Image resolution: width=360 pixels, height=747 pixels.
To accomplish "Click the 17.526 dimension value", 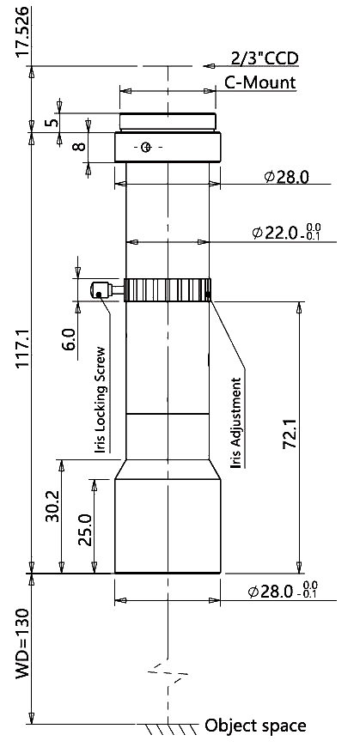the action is (25, 32).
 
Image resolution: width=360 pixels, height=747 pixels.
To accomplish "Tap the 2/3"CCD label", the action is (265, 58).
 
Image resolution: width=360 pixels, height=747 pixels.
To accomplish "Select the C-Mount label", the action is (260, 82).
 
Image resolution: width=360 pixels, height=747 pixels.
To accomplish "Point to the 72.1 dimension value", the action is (290, 434).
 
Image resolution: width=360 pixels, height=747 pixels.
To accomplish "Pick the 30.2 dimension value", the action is (53, 506).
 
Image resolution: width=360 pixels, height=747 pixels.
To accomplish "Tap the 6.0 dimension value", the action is (69, 338).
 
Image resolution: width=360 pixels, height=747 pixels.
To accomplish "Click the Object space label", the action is (255, 726).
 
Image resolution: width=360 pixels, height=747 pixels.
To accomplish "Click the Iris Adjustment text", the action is (236, 422).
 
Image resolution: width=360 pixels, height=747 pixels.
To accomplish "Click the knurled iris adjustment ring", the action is (168, 289).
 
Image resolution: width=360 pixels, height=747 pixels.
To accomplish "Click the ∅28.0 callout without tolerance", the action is (286, 177).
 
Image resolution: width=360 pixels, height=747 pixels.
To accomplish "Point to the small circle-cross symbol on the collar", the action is (146, 147).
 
